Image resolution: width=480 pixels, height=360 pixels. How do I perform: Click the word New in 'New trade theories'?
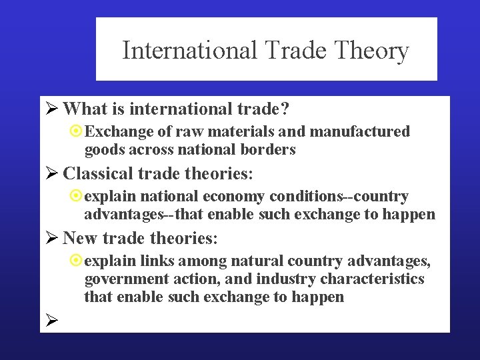79,237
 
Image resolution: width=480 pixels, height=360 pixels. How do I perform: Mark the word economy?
237,197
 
